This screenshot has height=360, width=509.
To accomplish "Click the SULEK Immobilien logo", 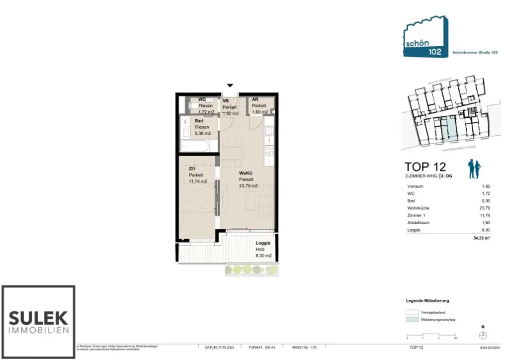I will [38, 322].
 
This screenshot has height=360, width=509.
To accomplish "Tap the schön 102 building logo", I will [425, 37].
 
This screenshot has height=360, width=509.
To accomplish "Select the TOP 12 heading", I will [425, 167].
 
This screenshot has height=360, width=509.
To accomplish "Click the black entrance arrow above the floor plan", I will [230, 86].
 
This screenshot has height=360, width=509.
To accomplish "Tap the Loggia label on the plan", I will [263, 243].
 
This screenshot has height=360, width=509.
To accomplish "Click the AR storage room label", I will [255, 99].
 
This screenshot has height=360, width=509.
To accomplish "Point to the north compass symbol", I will [482, 335].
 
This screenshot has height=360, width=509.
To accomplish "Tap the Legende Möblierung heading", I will [427, 301].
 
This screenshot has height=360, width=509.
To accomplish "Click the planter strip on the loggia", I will [251, 269].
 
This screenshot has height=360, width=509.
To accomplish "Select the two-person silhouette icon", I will [473, 170].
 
